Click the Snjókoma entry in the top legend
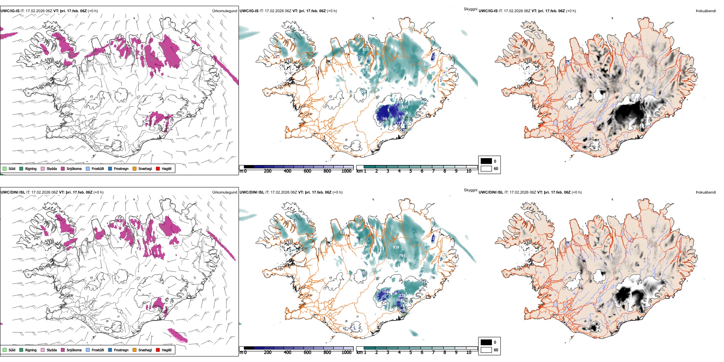pos(74,169)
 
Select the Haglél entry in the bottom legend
pos(167,350)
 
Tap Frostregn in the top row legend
pos(121,169)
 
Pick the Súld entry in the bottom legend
pos(12,350)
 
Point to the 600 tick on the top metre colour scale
pos(308,171)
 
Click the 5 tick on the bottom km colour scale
pos(411,352)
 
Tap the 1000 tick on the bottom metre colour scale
pos(346,352)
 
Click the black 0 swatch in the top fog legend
pos(486,161)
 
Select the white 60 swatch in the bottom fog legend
pos(486,350)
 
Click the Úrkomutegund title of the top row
pos(224,11)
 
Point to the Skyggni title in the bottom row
pos(470,190)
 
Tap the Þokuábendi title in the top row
pos(706,11)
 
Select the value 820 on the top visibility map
pos(427,64)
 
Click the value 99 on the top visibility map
pos(384,119)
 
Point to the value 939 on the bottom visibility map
pos(396,247)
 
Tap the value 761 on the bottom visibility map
pos(402,256)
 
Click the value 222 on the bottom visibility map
pos(402,296)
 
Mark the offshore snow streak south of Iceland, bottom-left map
pos(178,336)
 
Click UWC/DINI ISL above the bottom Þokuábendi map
pos(491,192)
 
